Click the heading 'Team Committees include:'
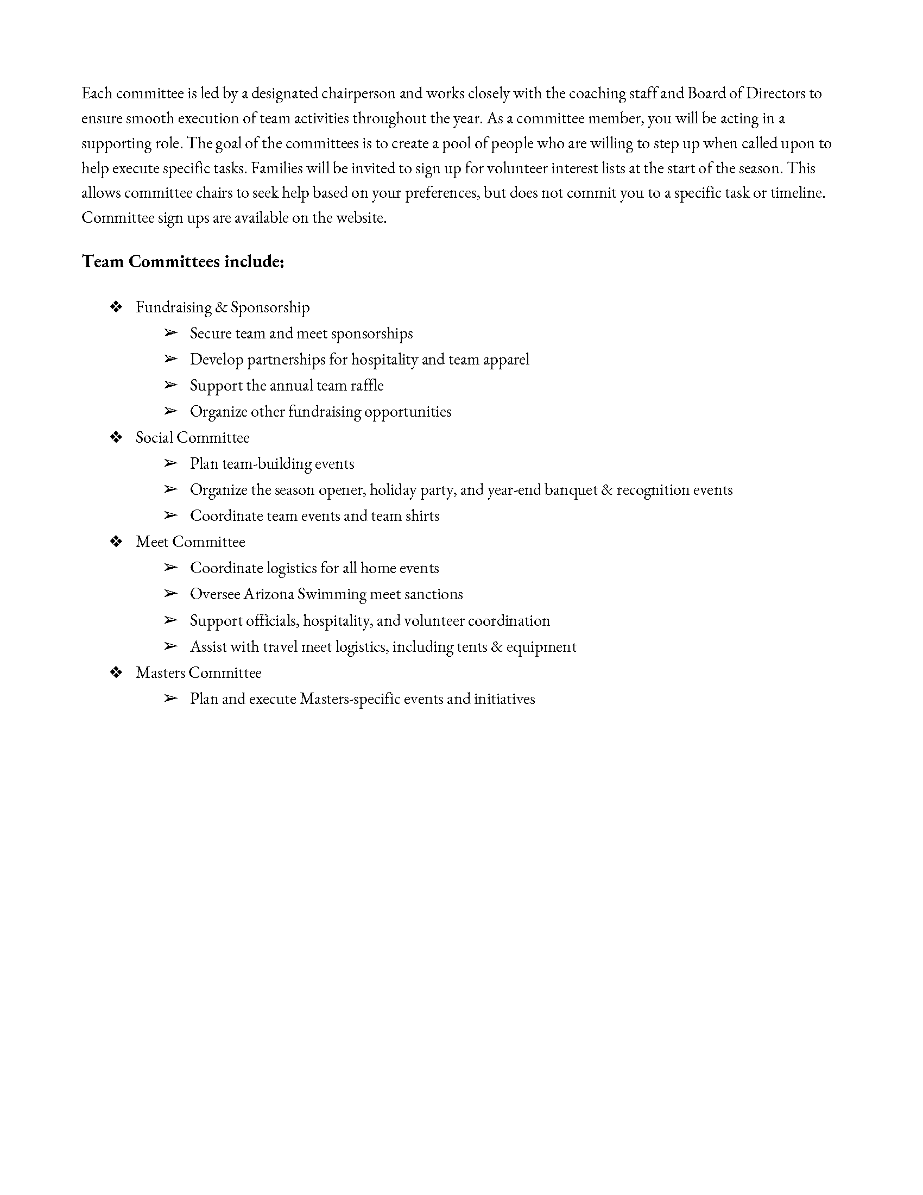[x=182, y=262]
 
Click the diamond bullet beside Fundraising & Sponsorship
[x=116, y=307]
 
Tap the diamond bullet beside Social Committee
[x=116, y=438]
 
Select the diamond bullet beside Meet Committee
[x=116, y=542]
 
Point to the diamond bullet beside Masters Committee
[x=116, y=672]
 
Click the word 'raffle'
[x=367, y=386]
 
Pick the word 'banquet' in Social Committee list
[x=570, y=490]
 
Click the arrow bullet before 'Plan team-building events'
[x=170, y=463]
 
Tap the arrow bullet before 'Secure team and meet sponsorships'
[x=170, y=333]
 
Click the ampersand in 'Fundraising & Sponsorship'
[x=221, y=307]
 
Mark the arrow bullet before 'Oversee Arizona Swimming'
[x=170, y=594]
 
